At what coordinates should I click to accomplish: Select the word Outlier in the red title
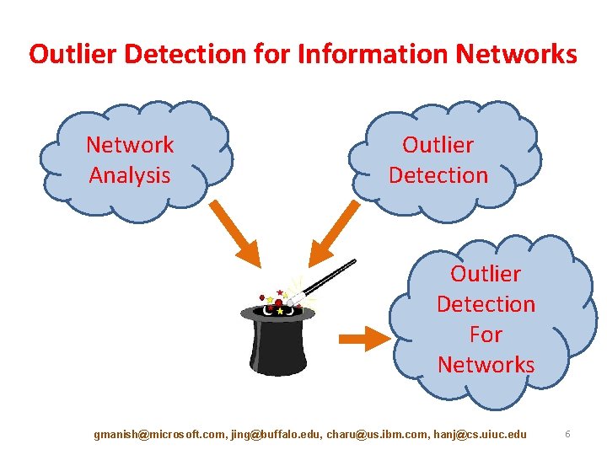tap(71, 54)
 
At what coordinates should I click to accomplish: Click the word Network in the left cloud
tap(130, 145)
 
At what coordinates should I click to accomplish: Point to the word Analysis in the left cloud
tap(130, 175)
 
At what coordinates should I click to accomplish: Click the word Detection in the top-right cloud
tap(438, 175)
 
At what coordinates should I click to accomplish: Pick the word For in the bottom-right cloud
tap(486, 335)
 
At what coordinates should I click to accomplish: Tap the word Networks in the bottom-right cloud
tap(486, 365)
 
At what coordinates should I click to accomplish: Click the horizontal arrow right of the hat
tap(364, 339)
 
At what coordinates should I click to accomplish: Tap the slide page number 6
tap(568, 434)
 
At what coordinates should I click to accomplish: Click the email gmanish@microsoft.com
tap(158, 434)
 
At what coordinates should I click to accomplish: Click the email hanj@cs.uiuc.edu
tap(478, 434)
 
